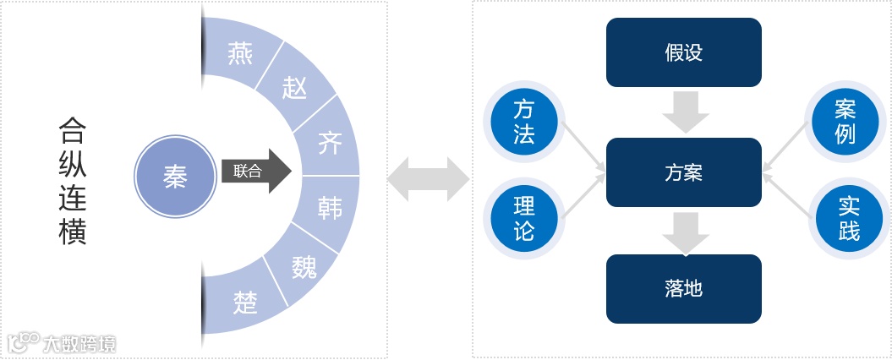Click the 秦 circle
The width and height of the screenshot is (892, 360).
(x=175, y=177)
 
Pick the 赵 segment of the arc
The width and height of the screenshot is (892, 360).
(x=294, y=87)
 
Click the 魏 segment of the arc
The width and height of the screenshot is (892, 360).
(x=303, y=266)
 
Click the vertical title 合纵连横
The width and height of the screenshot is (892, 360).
(x=73, y=181)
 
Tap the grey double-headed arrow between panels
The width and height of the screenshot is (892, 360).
(x=428, y=179)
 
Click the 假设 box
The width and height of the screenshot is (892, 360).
(x=684, y=53)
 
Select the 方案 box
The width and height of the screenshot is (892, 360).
(x=684, y=174)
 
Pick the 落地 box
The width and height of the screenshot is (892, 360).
(x=684, y=289)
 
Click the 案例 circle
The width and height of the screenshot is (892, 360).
(x=845, y=122)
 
